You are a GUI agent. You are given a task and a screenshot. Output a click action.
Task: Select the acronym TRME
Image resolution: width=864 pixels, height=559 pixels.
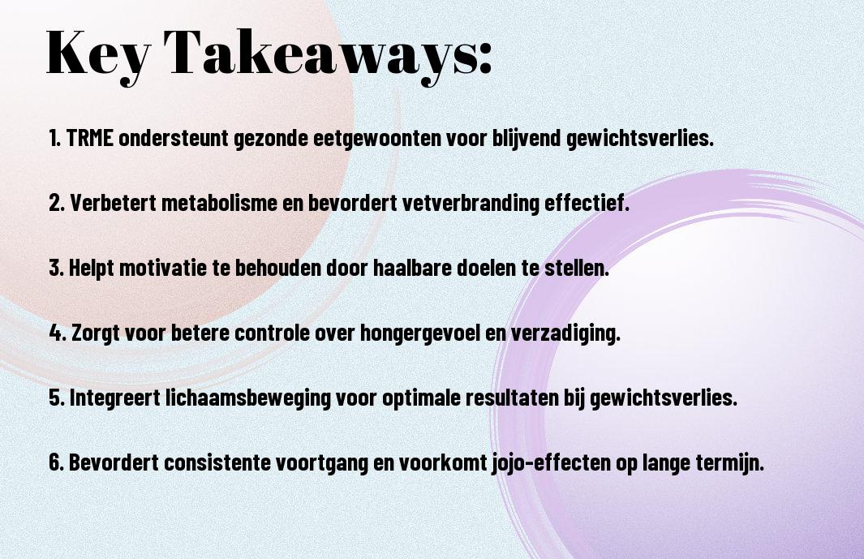point(89,138)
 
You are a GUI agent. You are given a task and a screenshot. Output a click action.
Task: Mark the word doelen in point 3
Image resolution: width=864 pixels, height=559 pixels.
point(489,268)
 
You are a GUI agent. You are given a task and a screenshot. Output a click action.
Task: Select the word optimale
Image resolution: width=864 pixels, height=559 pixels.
point(420,398)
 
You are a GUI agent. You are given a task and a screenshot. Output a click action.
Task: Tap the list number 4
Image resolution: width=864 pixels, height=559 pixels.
point(57,333)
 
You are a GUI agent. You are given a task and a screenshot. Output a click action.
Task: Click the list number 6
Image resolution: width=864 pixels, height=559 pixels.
point(56,462)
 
